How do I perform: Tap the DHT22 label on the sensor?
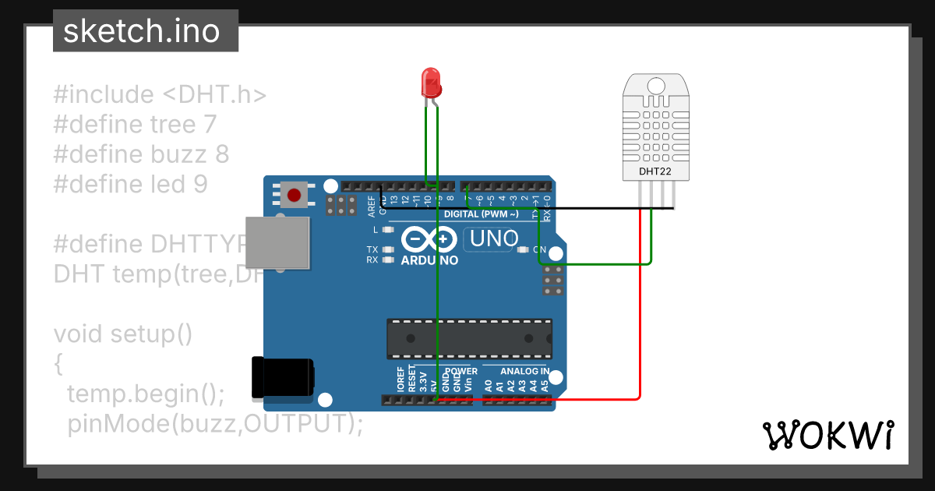tap(654, 171)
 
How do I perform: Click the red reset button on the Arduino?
tap(294, 195)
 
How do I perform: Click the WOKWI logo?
tap(828, 435)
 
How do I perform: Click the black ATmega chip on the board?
tap(470, 338)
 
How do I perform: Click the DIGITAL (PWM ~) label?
tap(481, 214)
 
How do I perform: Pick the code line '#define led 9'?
tap(130, 184)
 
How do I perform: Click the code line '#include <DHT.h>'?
tap(160, 94)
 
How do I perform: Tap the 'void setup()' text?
tap(122, 334)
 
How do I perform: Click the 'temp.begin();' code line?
tap(146, 394)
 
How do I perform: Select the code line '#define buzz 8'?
tap(141, 154)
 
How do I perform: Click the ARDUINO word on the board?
tap(429, 260)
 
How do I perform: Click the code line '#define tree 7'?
tap(135, 124)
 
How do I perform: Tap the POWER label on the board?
tap(461, 371)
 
